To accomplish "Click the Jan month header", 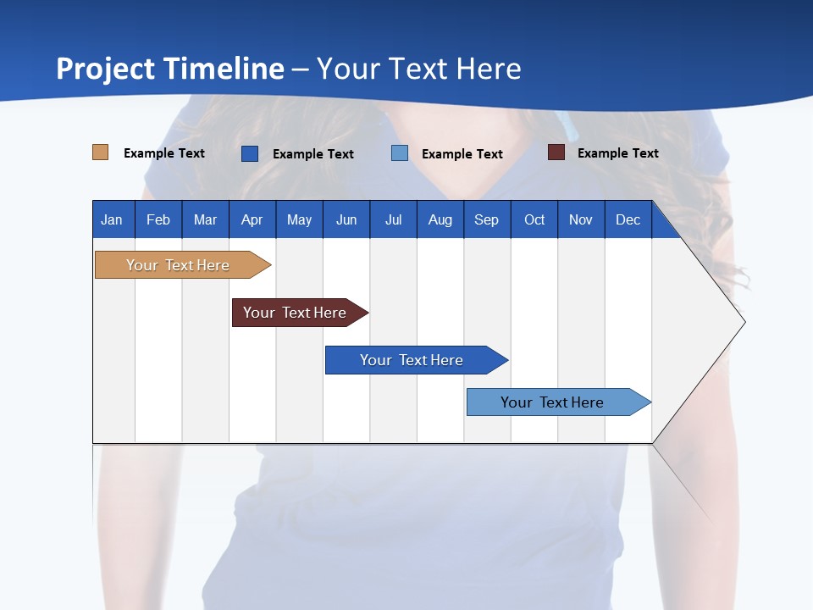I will click(113, 219).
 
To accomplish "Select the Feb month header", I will click(158, 219).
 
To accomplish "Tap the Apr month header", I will click(252, 219).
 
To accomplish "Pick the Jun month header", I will click(346, 219).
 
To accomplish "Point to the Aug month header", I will click(440, 219).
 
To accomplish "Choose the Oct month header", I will click(534, 219).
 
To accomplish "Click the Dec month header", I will click(628, 219).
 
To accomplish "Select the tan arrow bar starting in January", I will click(178, 265).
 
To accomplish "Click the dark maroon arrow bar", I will click(295, 313).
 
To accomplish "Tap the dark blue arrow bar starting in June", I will click(412, 360).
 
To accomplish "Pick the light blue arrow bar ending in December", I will click(552, 402).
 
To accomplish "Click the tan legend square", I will click(101, 152).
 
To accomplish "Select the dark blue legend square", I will click(250, 153).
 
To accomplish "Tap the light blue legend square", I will click(400, 153).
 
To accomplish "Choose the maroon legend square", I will click(556, 152).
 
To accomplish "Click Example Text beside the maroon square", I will click(617, 153).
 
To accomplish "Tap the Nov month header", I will click(581, 219).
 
